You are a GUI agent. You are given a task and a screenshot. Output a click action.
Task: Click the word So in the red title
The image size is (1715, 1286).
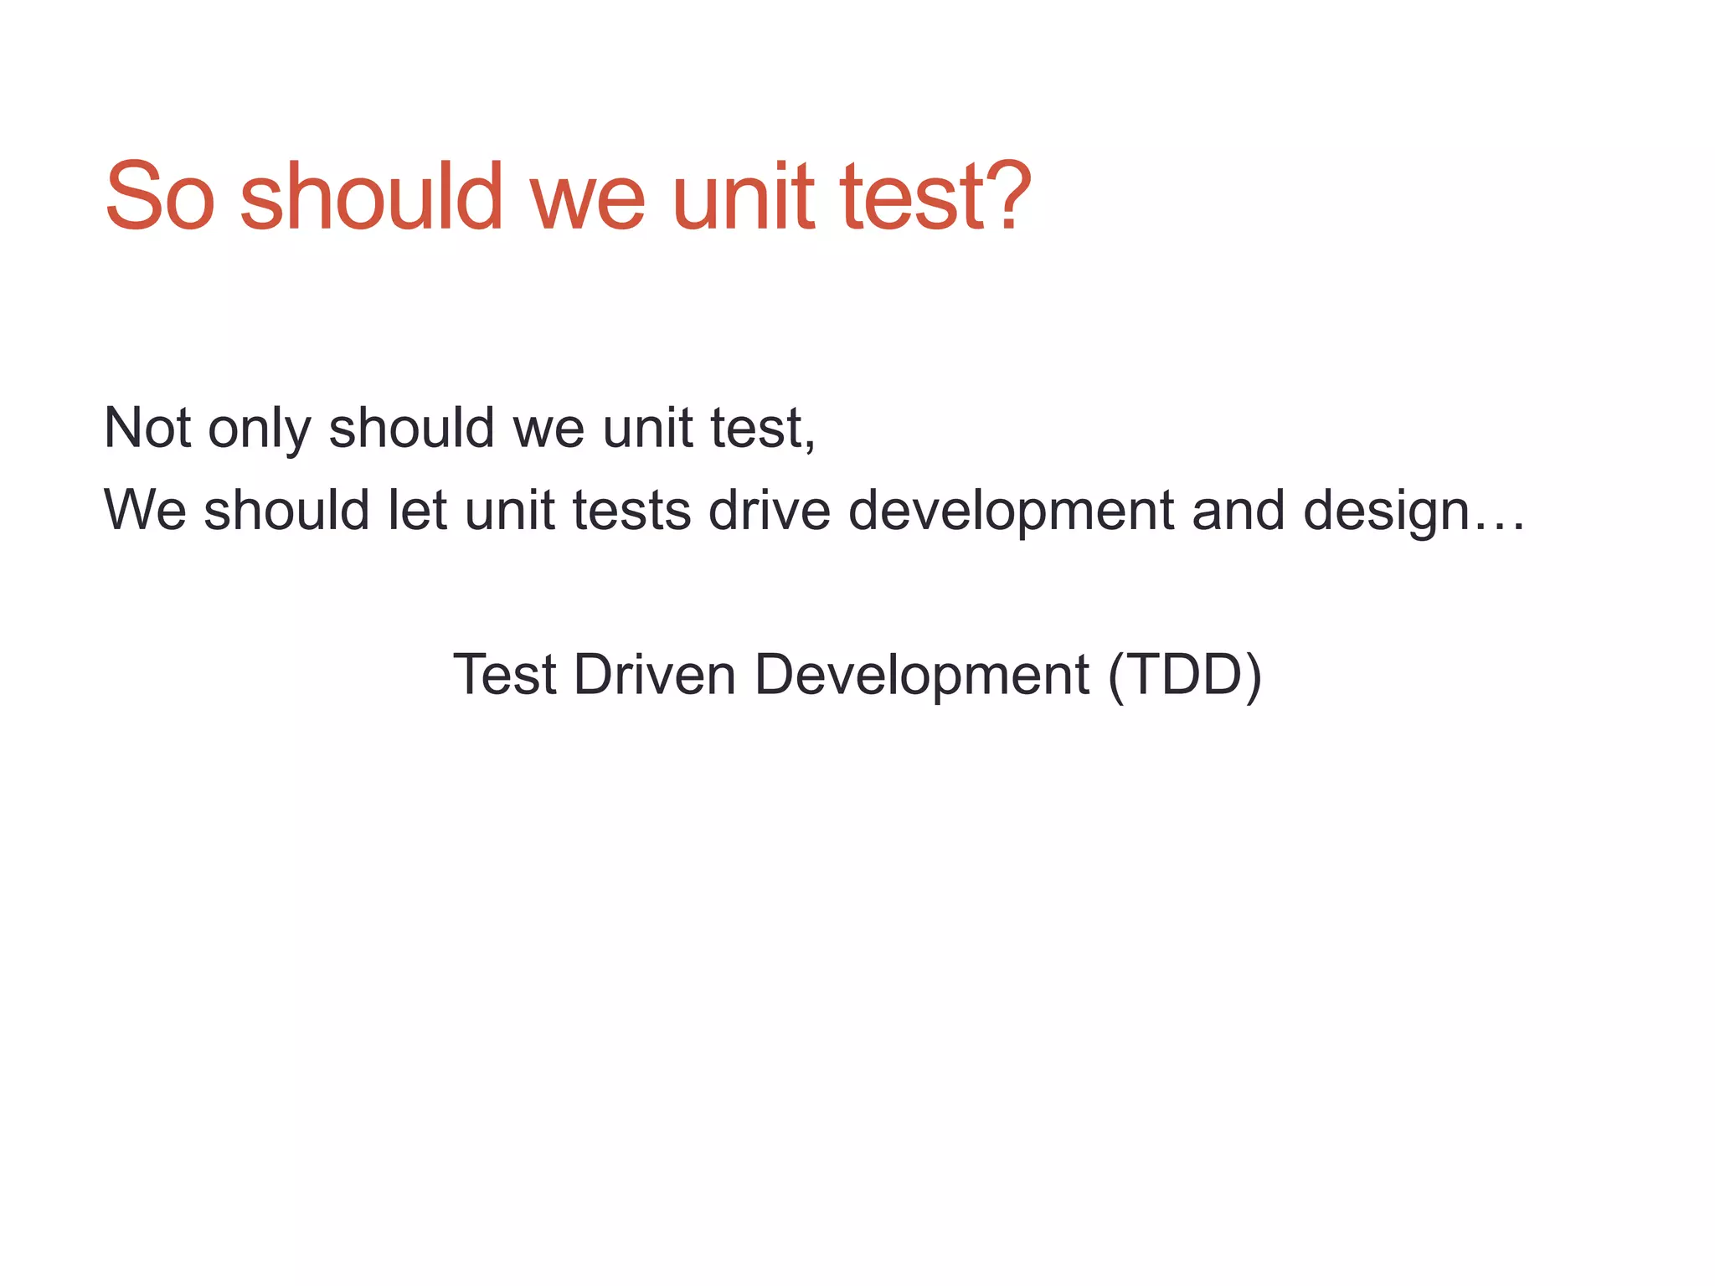pyautogui.click(x=159, y=197)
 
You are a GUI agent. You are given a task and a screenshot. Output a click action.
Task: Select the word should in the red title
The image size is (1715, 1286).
pyautogui.click(x=371, y=197)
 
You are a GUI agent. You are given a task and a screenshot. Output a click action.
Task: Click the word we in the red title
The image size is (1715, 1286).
pyautogui.click(x=587, y=205)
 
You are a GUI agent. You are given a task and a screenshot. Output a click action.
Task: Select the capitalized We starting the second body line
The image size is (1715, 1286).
pyautogui.click(x=144, y=511)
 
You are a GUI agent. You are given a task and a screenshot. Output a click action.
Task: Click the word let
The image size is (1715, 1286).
pyautogui.click(x=417, y=511)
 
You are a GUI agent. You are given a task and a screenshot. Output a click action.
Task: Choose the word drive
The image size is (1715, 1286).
pyautogui.click(x=769, y=511)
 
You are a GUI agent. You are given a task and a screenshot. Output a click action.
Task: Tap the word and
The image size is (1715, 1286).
pyautogui.click(x=1238, y=511)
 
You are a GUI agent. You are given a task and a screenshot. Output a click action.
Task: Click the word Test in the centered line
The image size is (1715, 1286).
pyautogui.click(x=504, y=675)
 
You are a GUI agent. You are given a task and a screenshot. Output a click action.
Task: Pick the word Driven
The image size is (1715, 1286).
pyautogui.click(x=654, y=675)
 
